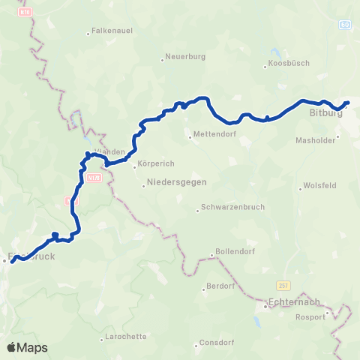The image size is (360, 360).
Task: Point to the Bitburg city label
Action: tap(325, 114)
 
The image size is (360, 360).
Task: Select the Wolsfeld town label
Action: tap(320, 187)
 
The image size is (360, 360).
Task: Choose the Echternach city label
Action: tap(293, 303)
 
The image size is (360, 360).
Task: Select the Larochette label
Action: tap(125, 337)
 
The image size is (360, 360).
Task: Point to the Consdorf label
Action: tap(216, 344)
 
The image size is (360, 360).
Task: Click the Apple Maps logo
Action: tap(27, 347)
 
